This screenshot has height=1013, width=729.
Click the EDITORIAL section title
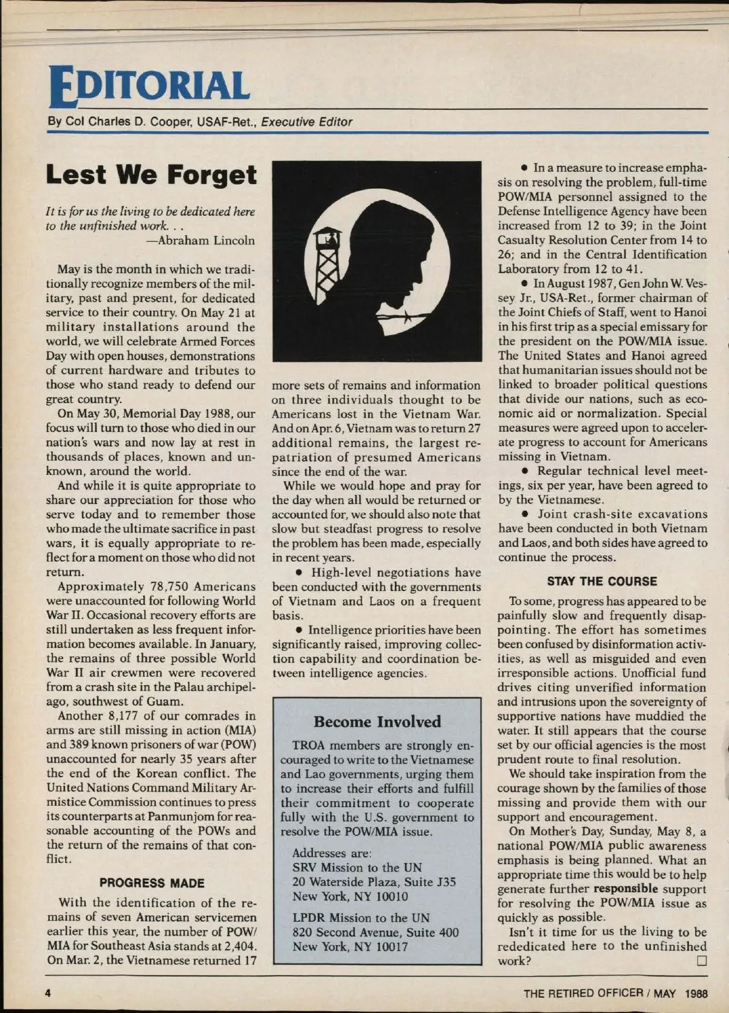[x=149, y=85]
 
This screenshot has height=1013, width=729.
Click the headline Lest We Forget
[x=151, y=175]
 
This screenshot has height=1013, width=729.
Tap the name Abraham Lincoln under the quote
[x=206, y=240]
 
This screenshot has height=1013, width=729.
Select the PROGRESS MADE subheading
[x=152, y=883]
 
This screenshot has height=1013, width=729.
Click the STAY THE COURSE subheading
[x=601, y=581]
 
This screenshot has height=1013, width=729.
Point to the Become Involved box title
[x=377, y=721]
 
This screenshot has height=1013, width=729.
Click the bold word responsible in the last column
[x=625, y=889]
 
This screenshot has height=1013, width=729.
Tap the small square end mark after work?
[x=702, y=961]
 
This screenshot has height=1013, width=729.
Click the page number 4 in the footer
[x=47, y=993]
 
